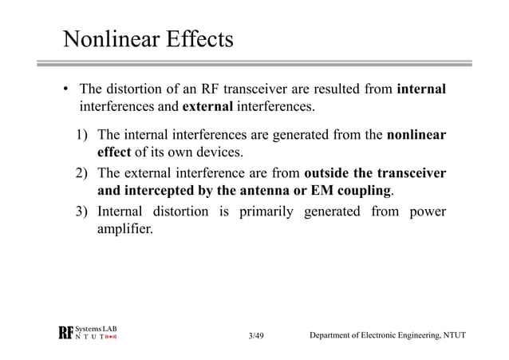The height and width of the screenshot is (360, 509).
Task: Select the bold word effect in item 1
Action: pos(113,153)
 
